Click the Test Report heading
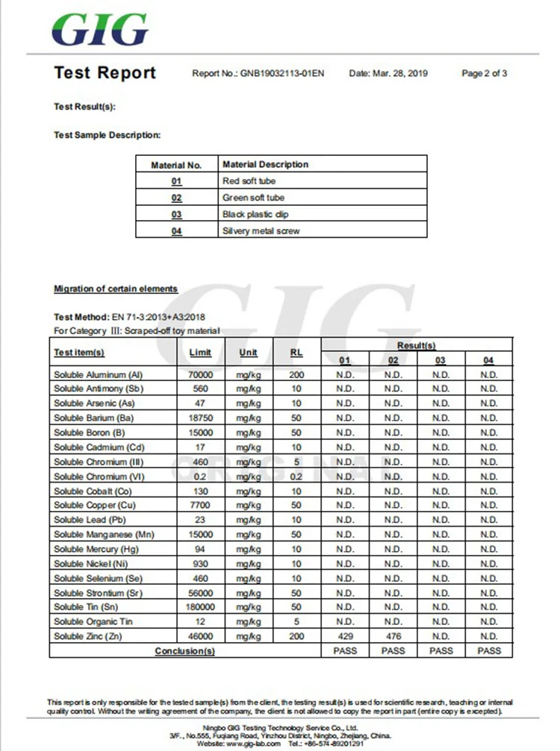point(105,73)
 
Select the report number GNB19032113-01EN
point(282,74)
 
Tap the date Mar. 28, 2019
point(399,74)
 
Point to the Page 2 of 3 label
point(485,74)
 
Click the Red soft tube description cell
point(249,181)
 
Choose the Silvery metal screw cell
point(261,231)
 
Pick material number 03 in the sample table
point(176,215)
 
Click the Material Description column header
point(265,164)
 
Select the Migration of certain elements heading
point(116,289)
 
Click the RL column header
point(296,352)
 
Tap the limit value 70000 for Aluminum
point(201,374)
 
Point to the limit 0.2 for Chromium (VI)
point(201,477)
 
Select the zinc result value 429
point(345,636)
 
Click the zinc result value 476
point(393,636)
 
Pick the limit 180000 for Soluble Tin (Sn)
point(201,607)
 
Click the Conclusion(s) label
point(184,651)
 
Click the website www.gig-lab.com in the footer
point(253,744)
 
